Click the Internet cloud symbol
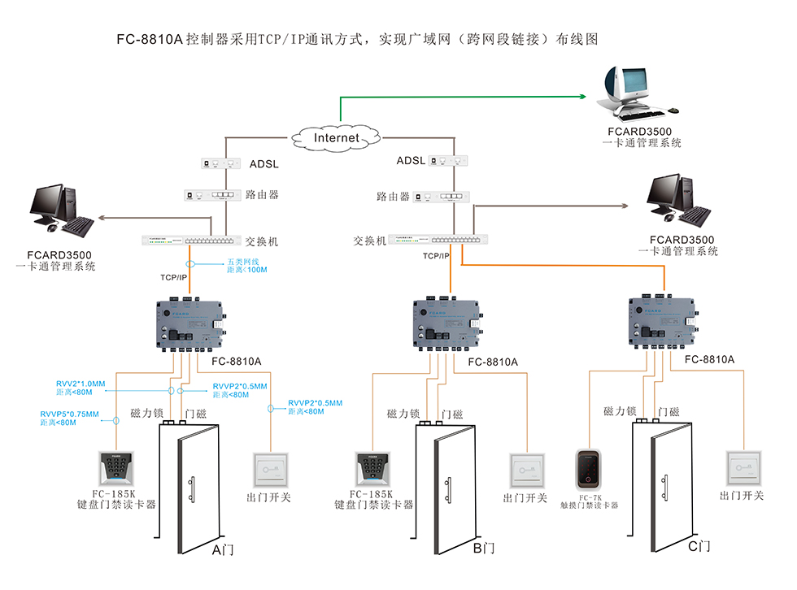[x=337, y=137]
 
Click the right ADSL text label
[x=411, y=160]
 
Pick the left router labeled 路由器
[x=214, y=195]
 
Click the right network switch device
[x=440, y=239]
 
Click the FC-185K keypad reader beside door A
[x=117, y=466]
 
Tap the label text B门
[x=484, y=549]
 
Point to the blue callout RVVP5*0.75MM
[x=69, y=414]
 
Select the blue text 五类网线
[x=242, y=262]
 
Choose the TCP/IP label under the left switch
[x=173, y=278]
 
